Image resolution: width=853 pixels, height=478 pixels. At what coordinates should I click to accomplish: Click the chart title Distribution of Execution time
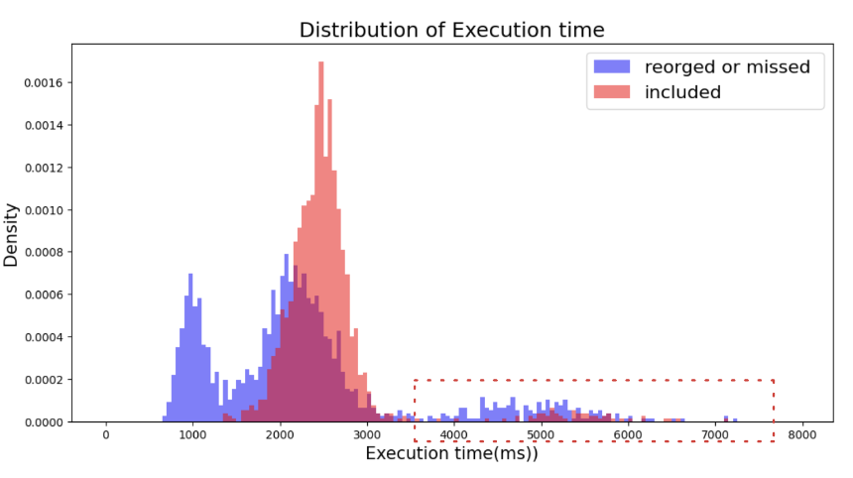(x=451, y=30)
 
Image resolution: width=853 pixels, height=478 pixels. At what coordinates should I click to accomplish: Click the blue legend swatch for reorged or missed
(x=612, y=66)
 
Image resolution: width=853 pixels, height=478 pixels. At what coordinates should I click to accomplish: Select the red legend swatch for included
(x=612, y=92)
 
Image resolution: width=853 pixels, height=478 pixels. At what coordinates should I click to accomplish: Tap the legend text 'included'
(x=682, y=92)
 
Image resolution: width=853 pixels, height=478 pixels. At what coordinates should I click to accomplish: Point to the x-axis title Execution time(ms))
(x=451, y=453)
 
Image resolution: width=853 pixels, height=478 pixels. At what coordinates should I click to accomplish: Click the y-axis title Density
(x=11, y=235)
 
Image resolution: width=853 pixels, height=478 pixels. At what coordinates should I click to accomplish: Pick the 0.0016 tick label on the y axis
(x=44, y=82)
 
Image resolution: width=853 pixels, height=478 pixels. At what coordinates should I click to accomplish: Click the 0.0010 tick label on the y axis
(x=44, y=210)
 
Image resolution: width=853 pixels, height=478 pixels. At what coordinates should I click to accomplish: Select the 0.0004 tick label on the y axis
(x=44, y=337)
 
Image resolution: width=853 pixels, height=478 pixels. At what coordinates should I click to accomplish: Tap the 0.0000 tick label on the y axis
(x=44, y=422)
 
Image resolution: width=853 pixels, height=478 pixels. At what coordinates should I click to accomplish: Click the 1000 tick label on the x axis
(x=192, y=435)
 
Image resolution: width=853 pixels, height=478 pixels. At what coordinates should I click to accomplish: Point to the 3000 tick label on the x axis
(x=367, y=435)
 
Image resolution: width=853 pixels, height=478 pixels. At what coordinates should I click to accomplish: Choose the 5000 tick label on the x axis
(x=541, y=435)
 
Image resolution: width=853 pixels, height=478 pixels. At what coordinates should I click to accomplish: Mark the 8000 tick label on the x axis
(x=801, y=435)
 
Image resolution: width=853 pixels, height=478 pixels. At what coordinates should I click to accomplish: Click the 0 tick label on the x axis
(x=105, y=435)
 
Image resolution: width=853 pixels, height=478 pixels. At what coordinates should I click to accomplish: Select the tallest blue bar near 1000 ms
(x=190, y=347)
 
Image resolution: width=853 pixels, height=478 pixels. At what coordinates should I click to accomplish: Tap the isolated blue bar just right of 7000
(x=726, y=418)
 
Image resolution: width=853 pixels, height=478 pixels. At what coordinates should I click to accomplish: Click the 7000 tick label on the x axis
(x=715, y=435)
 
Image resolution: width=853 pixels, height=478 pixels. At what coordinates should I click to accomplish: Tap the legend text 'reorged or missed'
(x=727, y=66)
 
